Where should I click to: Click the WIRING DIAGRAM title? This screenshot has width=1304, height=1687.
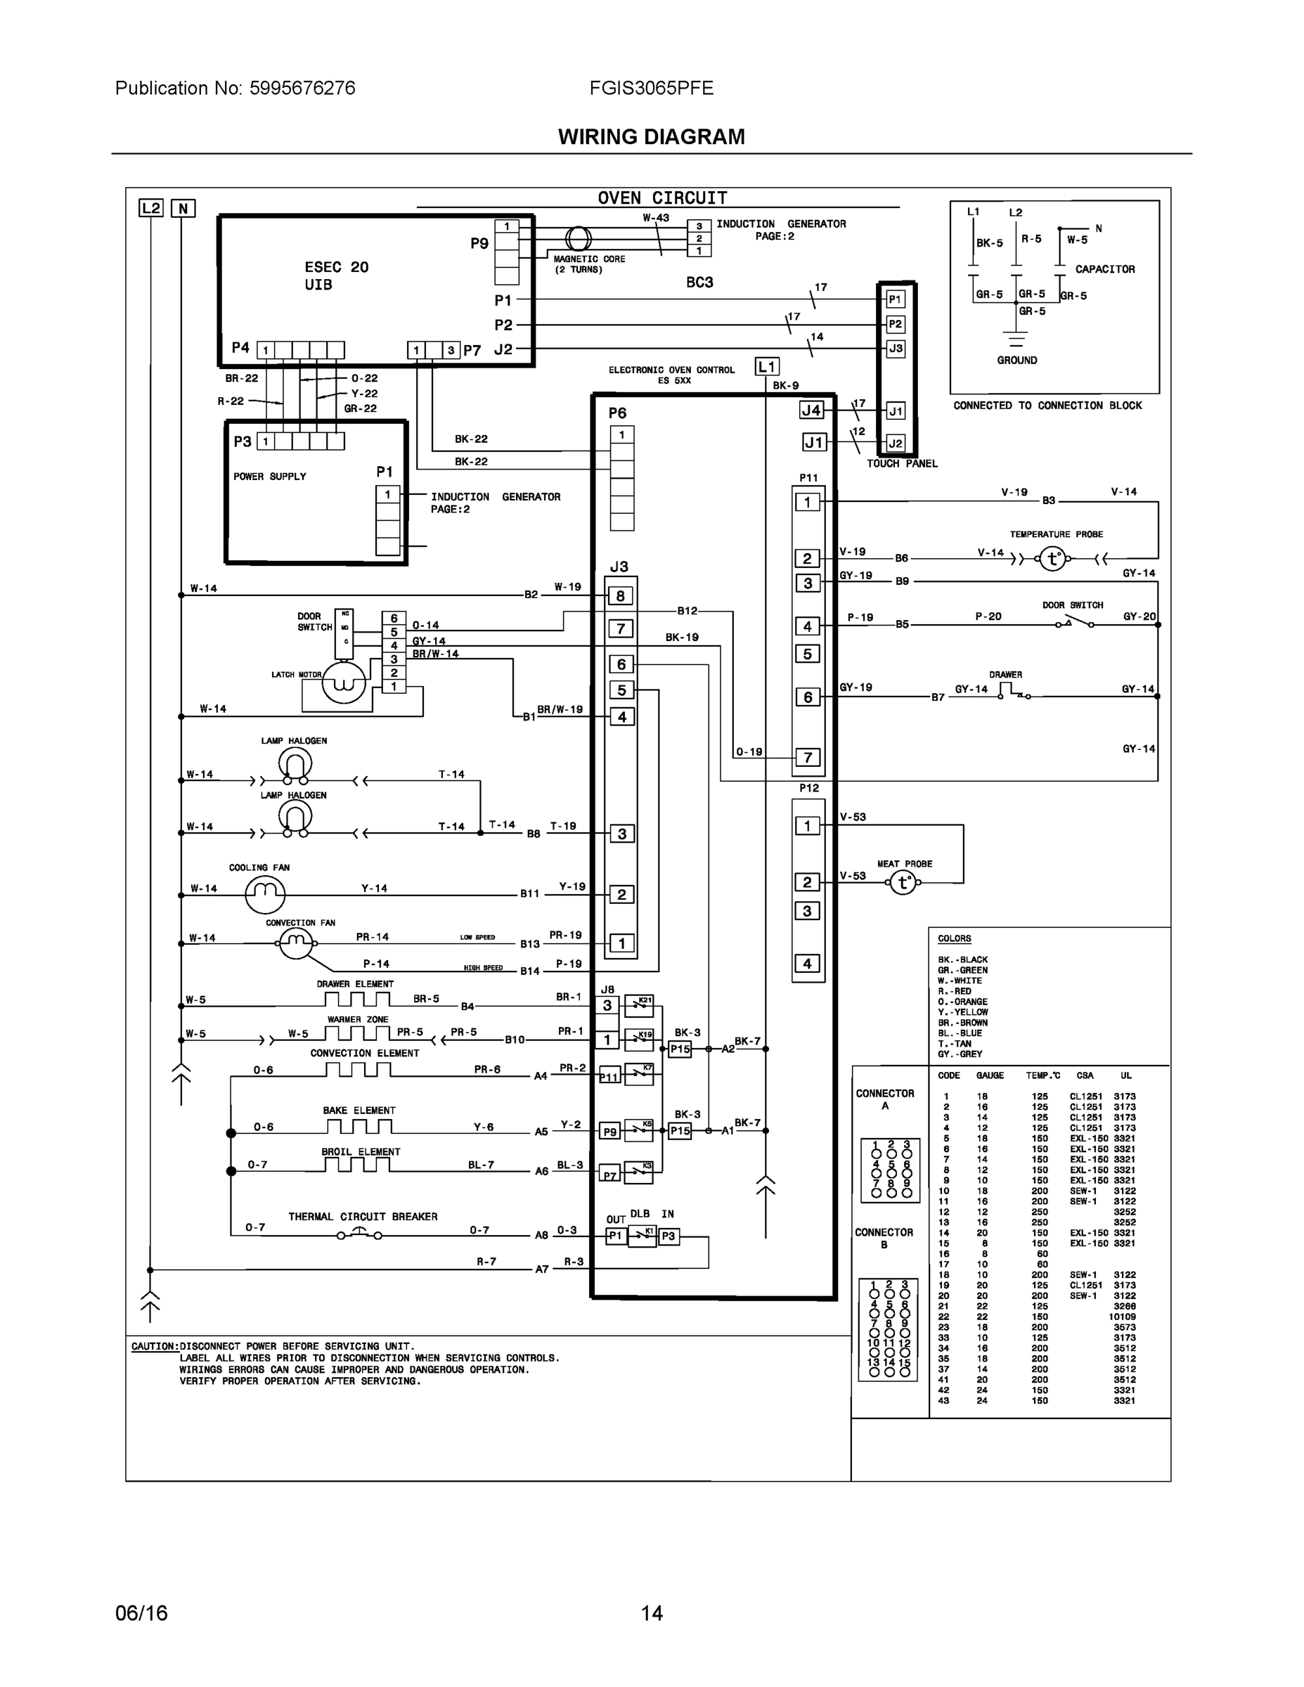(651, 137)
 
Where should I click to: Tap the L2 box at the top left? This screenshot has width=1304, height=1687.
(150, 208)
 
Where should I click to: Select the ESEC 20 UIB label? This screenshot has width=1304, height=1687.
(336, 276)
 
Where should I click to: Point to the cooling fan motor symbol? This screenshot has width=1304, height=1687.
(265, 893)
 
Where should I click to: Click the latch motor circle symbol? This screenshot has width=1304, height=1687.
(343, 682)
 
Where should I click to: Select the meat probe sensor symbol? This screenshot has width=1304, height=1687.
(903, 882)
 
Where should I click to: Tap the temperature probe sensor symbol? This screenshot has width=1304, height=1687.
(1052, 559)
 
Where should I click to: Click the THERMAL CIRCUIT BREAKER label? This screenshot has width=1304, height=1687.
(362, 1217)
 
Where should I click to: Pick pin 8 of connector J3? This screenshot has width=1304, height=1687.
(620, 595)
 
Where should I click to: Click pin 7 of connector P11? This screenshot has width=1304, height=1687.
(808, 757)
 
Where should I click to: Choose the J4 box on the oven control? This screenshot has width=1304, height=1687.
(811, 411)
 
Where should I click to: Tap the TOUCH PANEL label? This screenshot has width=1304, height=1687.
(901, 463)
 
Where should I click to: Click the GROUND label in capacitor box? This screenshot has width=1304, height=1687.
(1016, 360)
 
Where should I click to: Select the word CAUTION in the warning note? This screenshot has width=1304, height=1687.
(154, 1346)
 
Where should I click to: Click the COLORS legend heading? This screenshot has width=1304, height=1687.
(954, 938)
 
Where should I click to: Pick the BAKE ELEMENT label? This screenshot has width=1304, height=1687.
(359, 1110)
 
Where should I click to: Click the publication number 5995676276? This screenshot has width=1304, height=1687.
(302, 88)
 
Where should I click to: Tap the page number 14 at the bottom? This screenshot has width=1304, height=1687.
(651, 1613)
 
